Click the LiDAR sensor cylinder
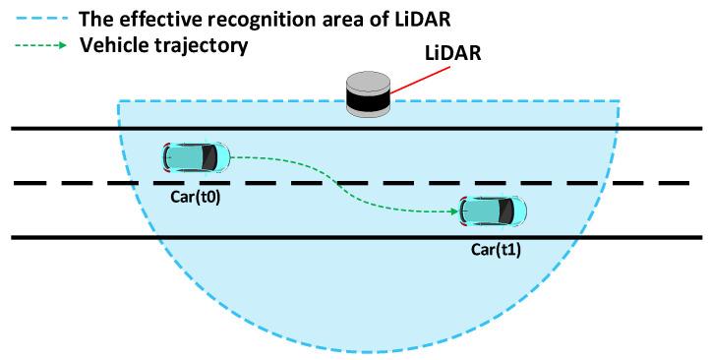(369, 94)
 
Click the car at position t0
(197, 155)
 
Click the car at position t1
(494, 210)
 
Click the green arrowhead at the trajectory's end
(455, 210)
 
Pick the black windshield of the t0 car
(210, 155)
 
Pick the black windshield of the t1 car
(507, 210)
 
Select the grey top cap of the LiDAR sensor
(369, 80)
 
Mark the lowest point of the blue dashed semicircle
(369, 352)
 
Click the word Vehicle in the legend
(117, 44)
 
